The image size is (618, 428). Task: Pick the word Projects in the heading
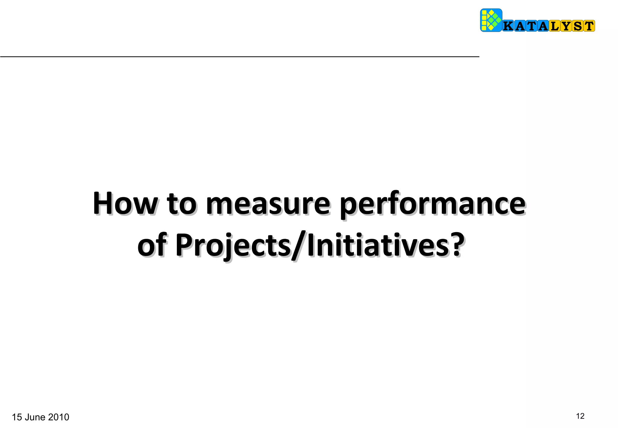tap(232, 247)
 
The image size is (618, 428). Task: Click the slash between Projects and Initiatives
tap(299, 246)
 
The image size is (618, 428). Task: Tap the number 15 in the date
tap(17, 417)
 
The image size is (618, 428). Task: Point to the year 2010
tap(59, 417)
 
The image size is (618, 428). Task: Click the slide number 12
tap(580, 416)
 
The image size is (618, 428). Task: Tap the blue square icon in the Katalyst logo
tap(491, 20)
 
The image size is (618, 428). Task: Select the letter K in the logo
tap(508, 26)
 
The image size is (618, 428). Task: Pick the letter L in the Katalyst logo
tap(555, 26)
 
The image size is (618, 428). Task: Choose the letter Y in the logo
tap(566, 26)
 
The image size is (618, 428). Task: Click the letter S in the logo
tap(578, 26)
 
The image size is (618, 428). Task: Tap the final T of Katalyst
tap(589, 26)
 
